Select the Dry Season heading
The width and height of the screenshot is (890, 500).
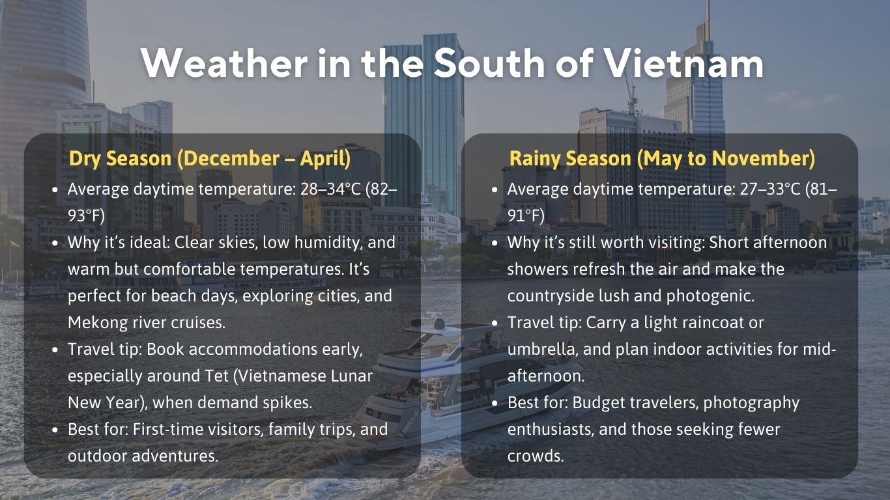[x=210, y=158]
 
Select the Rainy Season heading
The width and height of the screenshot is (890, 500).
[x=662, y=158]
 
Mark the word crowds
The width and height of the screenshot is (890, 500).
[x=535, y=456]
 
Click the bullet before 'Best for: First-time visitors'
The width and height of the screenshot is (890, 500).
[x=55, y=430]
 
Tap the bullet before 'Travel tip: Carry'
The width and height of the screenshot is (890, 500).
[x=495, y=323]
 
